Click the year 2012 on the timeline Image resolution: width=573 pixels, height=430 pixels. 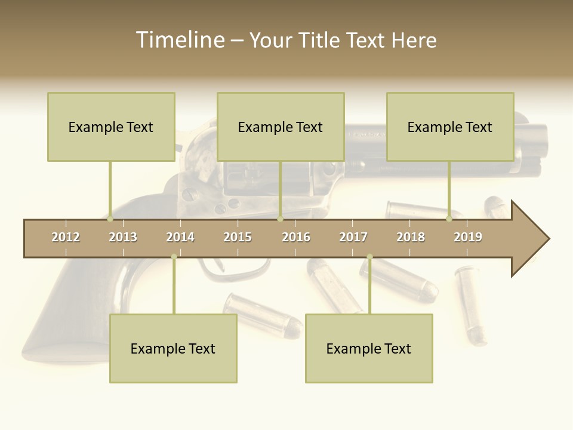66,238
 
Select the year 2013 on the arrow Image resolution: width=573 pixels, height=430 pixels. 123,238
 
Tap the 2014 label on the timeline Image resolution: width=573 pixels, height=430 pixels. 180,238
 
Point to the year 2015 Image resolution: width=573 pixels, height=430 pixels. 238,238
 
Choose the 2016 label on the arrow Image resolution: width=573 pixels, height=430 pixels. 296,238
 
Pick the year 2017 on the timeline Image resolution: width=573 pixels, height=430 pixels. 353,238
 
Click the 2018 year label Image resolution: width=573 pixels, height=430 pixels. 411,238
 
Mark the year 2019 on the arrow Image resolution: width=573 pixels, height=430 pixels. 468,238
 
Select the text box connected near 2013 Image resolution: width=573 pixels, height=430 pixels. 111,127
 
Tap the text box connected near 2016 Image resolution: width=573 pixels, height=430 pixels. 281,127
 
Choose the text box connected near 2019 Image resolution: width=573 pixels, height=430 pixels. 450,127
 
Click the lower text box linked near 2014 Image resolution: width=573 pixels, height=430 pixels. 173,349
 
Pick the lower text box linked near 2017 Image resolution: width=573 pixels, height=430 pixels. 369,349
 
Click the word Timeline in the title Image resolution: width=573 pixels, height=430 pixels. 180,40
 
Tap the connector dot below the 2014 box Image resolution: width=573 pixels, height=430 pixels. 174,257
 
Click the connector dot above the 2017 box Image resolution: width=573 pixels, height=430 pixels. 369,257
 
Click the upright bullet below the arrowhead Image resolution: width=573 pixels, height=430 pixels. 471,305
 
